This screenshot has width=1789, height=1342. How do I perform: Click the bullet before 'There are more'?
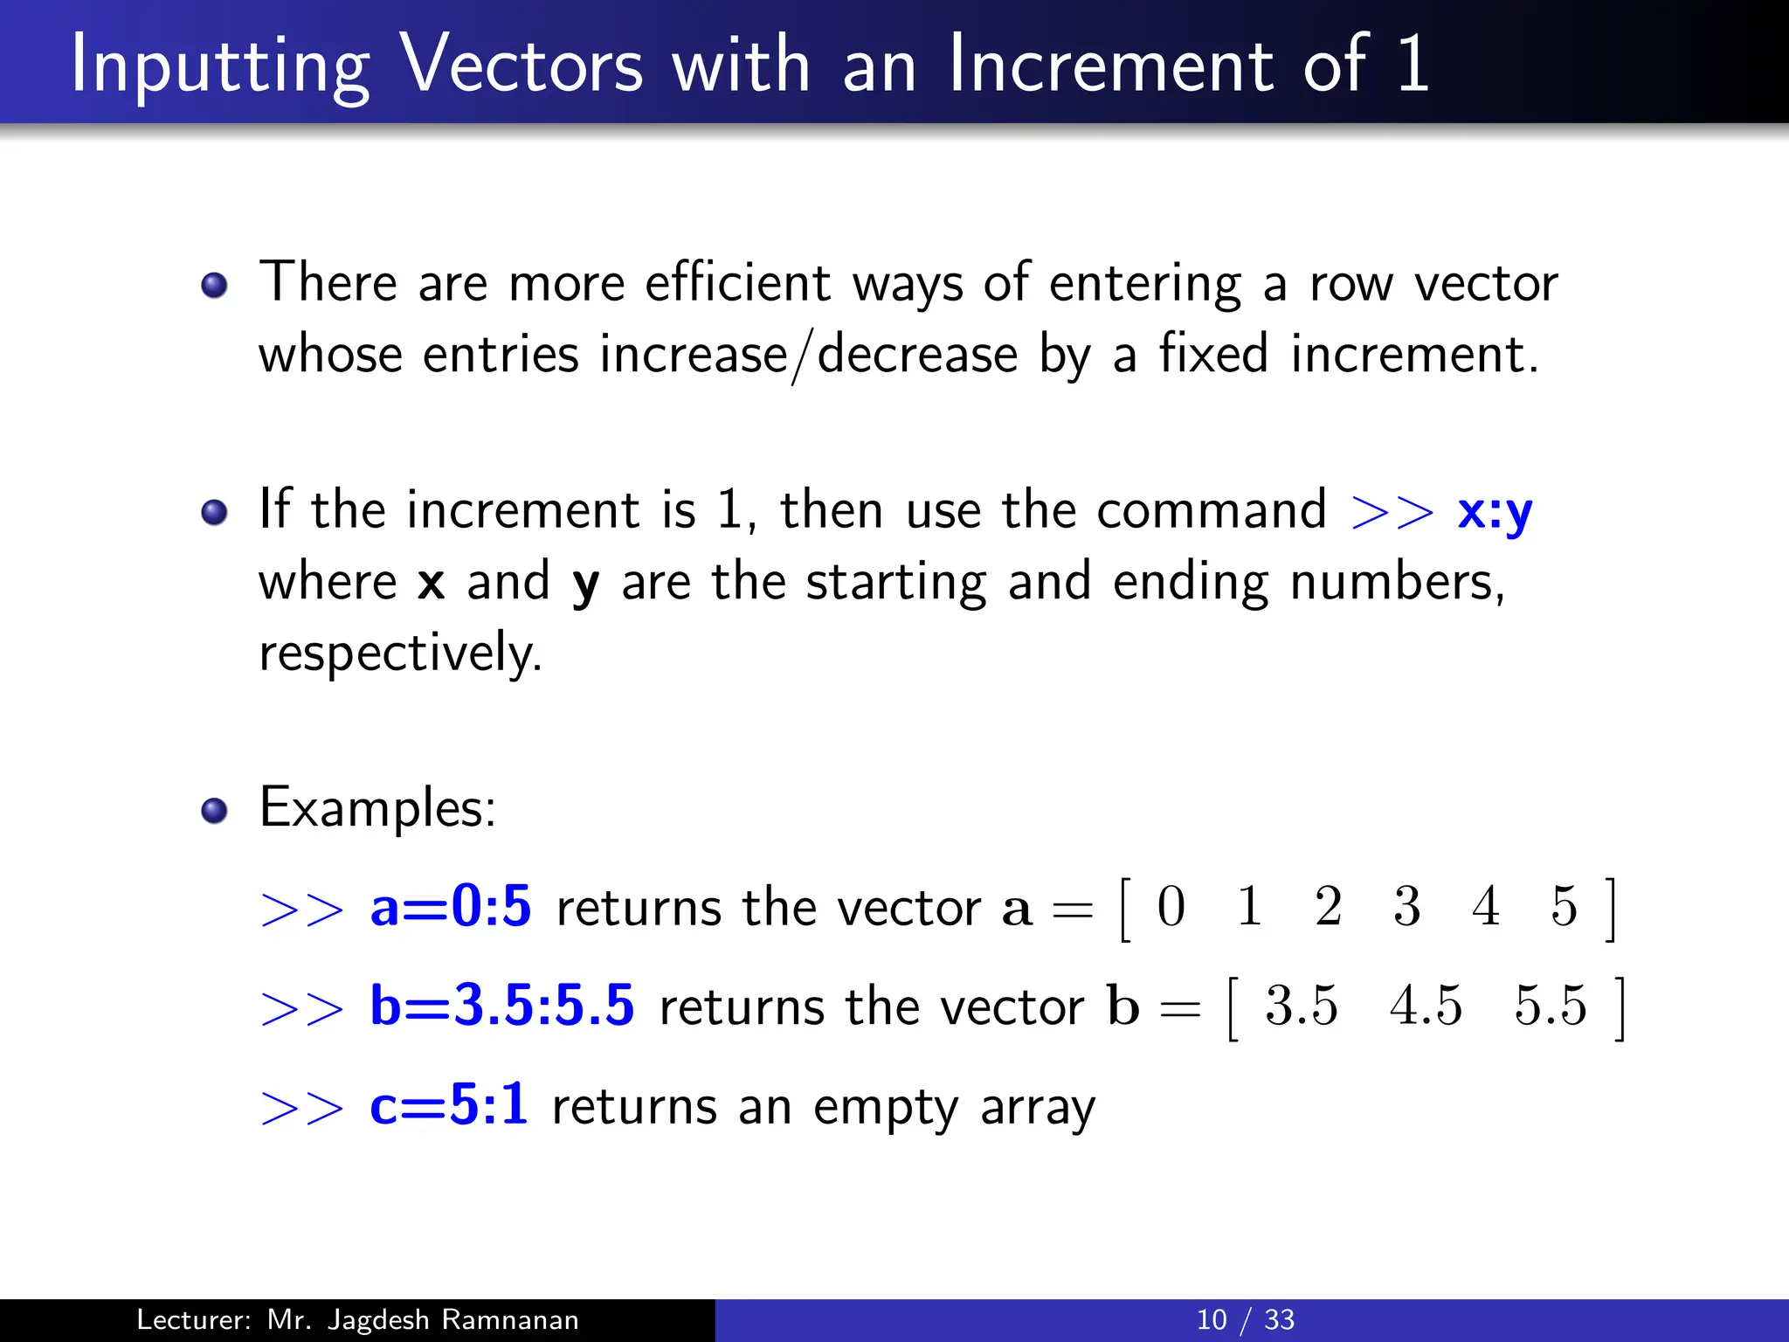coord(214,285)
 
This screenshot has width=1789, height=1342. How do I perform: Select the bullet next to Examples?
coord(214,811)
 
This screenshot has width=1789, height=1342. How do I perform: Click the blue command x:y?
coord(1495,512)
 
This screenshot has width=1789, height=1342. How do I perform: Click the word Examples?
coord(377,807)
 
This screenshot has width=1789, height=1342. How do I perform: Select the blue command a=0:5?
coord(450,906)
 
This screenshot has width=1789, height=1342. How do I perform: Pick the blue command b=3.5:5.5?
coord(501,1006)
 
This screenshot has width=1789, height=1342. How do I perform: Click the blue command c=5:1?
coord(448,1104)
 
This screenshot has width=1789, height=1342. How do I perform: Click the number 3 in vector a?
coord(1406,906)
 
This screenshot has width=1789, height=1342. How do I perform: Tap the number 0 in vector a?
coord(1171,906)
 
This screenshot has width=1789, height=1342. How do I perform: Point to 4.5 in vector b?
coord(1426,1006)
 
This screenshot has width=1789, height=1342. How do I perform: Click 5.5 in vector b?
coord(1550,1006)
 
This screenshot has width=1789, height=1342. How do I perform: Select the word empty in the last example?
coord(885,1108)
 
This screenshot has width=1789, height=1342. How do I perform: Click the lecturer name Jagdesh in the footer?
coord(377,1319)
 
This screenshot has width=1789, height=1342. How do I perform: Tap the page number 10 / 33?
coord(1245,1319)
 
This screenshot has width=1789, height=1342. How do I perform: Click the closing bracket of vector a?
coord(1611,910)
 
